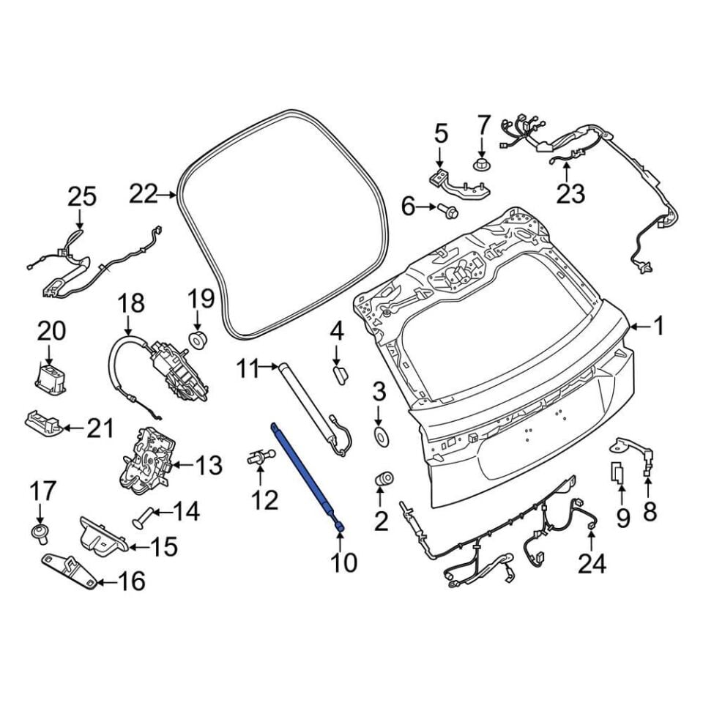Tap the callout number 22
coord(144,195)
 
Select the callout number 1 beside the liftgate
coord(658,327)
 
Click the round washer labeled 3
coord(380,437)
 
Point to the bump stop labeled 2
coord(384,479)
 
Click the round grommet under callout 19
coord(198,341)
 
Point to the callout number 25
coord(82,196)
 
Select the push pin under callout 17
coord(39,532)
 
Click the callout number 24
coord(592,564)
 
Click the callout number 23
coord(570,193)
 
